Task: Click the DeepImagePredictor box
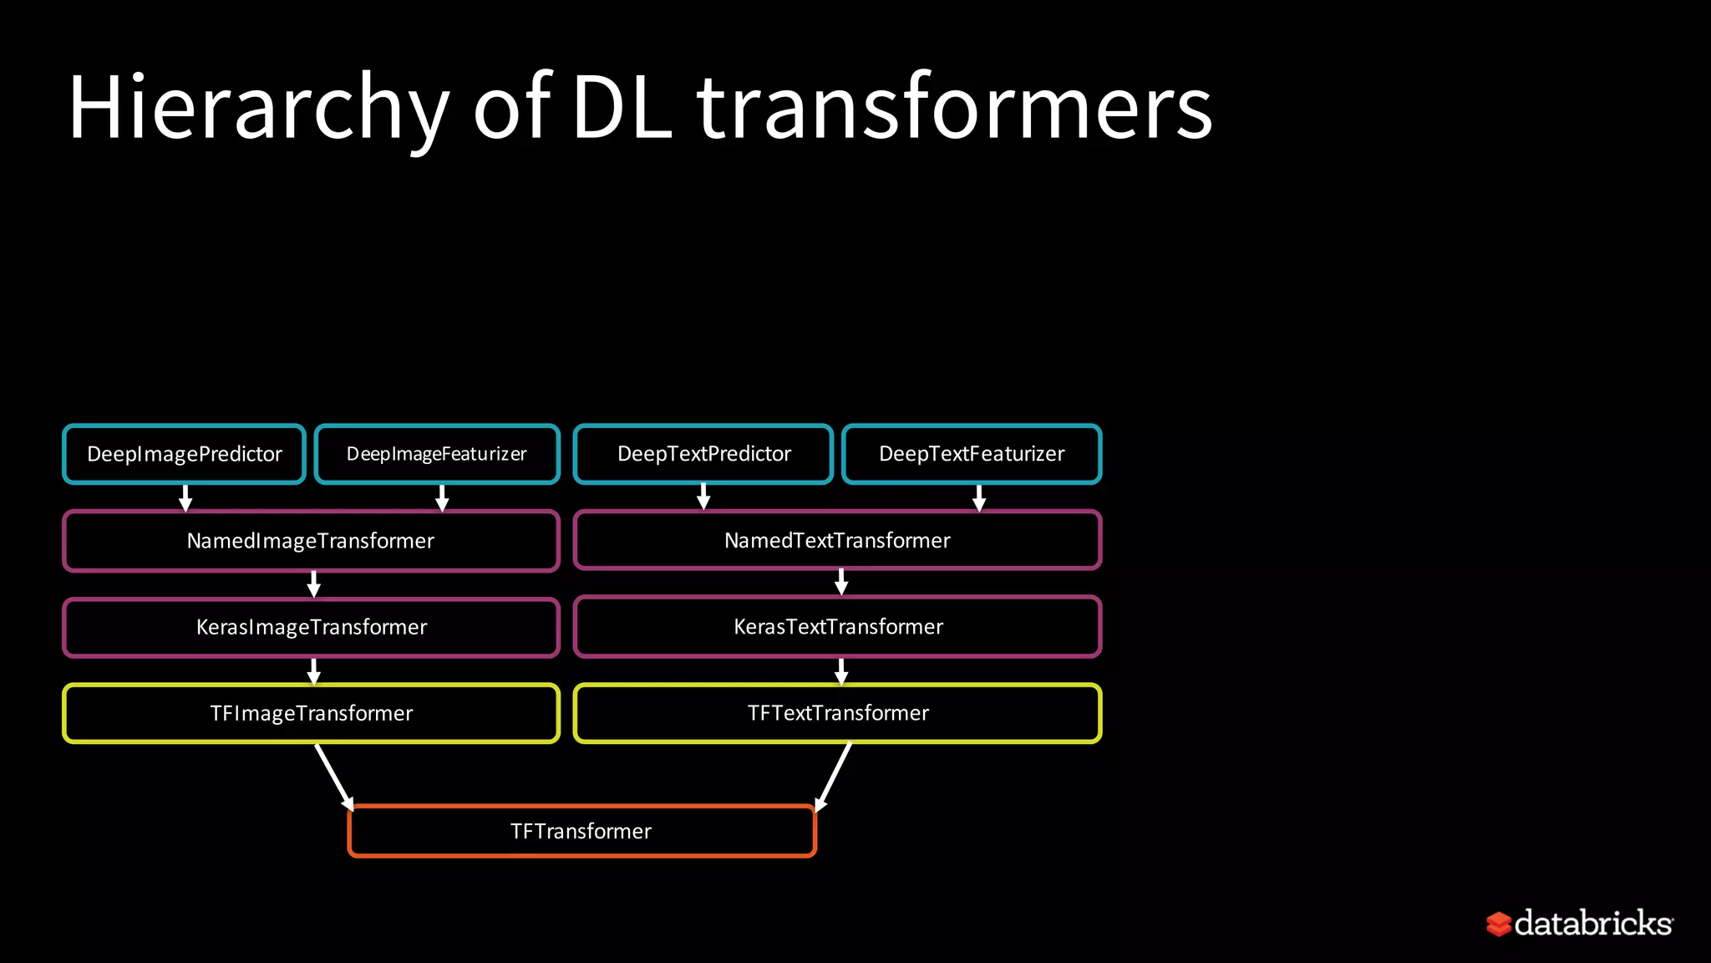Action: pos(184,454)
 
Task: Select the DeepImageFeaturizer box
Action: pos(436,454)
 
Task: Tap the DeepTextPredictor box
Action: pos(703,454)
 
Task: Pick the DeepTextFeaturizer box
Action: pos(972,454)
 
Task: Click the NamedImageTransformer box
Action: pos(311,541)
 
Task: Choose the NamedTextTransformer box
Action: pos(837,540)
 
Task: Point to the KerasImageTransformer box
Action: pos(311,627)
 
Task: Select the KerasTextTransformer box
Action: pos(837,626)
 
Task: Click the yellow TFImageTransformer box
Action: pos(311,713)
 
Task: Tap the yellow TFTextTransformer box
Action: pos(837,713)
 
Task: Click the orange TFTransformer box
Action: pos(581,831)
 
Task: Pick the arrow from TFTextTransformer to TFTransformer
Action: pos(834,777)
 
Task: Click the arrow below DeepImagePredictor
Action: pos(185,497)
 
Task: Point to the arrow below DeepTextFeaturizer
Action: pos(979,497)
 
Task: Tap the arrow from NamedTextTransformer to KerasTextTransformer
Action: pos(841,582)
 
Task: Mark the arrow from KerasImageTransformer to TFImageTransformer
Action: pos(314,670)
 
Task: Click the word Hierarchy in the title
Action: pos(259,109)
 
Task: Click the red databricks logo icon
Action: pos(1499,924)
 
